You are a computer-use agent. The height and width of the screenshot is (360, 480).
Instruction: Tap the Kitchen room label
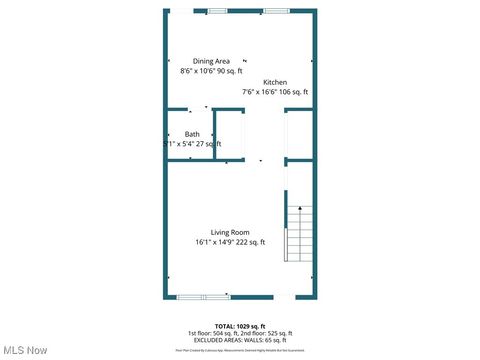pos(275,82)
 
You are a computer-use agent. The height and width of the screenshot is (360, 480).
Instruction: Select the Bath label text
pos(192,134)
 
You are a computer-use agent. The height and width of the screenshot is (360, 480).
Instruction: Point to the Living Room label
pos(230,232)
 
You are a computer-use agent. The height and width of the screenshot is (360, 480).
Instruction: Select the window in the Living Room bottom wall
pos(204,297)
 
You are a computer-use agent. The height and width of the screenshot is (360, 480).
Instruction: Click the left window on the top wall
pos(217,11)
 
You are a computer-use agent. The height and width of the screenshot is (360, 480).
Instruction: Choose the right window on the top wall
pos(276,11)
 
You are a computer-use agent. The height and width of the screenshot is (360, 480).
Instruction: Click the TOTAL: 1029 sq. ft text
pos(240,326)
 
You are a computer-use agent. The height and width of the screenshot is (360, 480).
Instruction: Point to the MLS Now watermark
pos(26,350)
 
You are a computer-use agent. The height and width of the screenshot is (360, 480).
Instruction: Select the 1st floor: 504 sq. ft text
pos(213,333)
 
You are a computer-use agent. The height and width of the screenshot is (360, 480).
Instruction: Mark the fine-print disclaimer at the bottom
pos(240,350)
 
